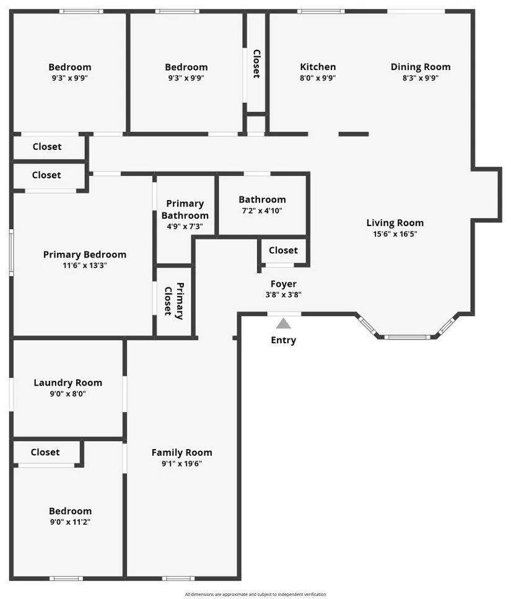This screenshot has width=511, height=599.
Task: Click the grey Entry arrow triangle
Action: tap(284, 323)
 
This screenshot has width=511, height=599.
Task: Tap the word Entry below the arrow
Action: tap(284, 340)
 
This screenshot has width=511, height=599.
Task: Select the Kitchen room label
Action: tap(318, 67)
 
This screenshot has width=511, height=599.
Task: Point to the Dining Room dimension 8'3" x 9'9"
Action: tap(421, 78)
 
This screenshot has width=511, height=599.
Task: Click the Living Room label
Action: tap(395, 223)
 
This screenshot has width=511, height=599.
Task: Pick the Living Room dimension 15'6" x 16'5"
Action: tap(395, 234)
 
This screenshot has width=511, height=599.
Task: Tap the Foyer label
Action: tap(284, 284)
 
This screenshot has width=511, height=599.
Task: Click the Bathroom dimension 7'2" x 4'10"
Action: tap(262, 211)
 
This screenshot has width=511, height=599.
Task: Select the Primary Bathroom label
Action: tap(185, 209)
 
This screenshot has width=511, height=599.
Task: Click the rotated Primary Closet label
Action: tap(174, 301)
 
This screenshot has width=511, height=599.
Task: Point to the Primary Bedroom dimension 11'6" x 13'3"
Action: tap(85, 265)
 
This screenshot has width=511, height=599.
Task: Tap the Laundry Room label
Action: tap(68, 383)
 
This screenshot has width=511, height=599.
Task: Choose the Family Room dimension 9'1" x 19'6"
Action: tap(181, 464)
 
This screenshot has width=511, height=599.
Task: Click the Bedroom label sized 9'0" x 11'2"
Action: tap(70, 511)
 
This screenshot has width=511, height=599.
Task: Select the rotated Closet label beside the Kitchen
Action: tap(256, 64)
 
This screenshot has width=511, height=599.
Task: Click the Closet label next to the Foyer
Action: tap(283, 251)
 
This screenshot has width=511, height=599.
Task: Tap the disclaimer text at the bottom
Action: tap(255, 595)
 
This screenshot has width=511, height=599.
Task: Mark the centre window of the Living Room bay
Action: tap(407, 337)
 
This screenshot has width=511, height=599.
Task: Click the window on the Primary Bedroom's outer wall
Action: tap(11, 253)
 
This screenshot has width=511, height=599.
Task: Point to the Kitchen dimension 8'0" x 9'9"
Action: tap(318, 78)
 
